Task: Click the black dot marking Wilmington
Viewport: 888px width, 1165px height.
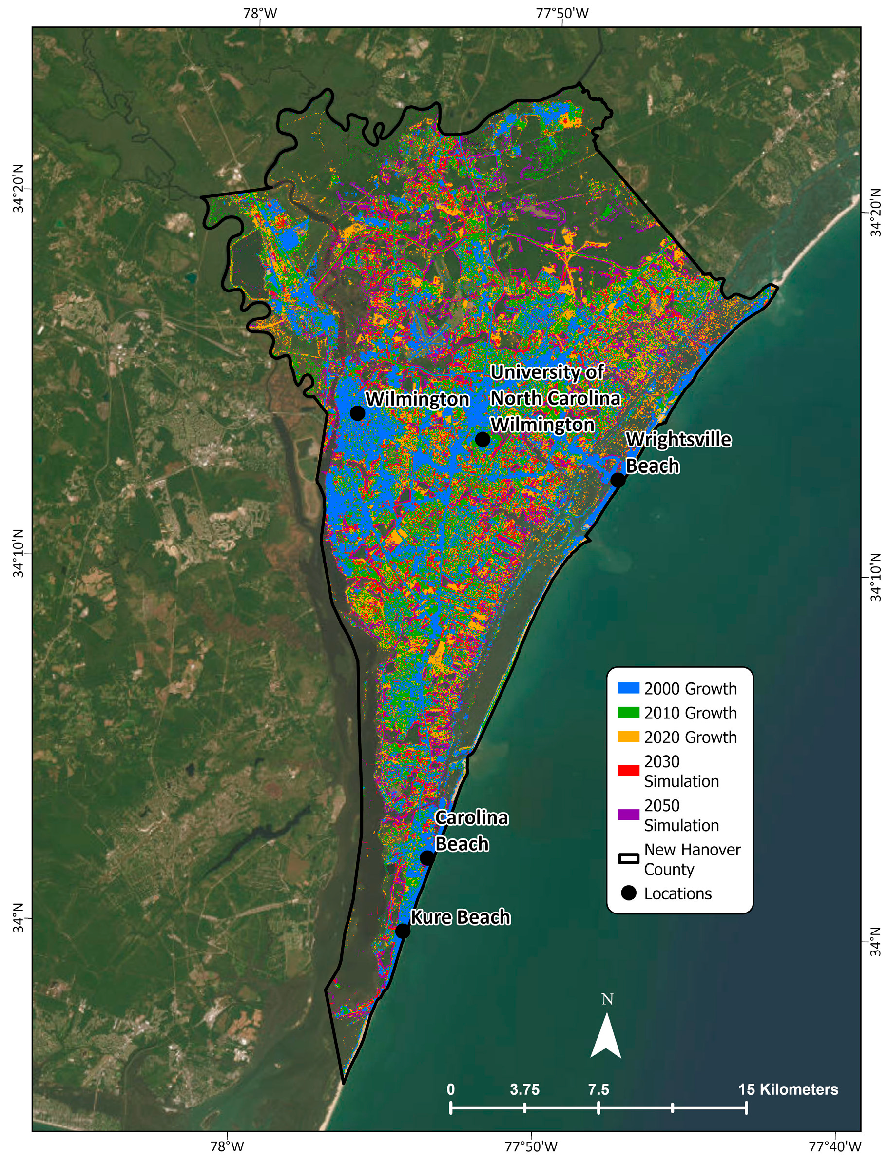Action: [x=358, y=413]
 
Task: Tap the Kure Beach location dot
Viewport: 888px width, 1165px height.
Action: [x=403, y=931]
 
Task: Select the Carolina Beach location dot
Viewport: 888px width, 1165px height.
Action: [x=427, y=858]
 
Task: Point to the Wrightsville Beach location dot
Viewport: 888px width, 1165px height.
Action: [x=618, y=480]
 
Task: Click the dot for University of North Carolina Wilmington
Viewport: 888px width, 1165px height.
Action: [x=482, y=439]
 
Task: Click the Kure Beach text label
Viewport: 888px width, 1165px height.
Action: [x=461, y=917]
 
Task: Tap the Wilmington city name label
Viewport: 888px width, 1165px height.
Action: [x=418, y=399]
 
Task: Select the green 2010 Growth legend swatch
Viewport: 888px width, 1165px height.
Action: [x=628, y=713]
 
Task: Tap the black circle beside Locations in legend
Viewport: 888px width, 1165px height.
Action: [x=628, y=893]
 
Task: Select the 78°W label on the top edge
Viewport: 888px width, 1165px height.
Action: [x=260, y=13]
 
